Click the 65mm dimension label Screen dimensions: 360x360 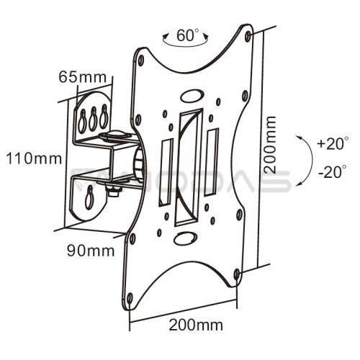point(82,77)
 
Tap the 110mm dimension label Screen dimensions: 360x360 point(34,158)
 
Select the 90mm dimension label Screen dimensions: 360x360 point(91,251)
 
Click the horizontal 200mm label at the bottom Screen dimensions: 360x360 point(196,325)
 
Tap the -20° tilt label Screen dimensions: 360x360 point(333,172)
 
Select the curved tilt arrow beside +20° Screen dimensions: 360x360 point(312,161)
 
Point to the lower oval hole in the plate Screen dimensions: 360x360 point(186,238)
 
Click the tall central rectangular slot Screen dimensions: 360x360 point(189,167)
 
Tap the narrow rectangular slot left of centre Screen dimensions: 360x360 point(166,172)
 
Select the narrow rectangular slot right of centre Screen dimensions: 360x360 point(212,162)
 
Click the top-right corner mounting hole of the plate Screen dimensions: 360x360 point(248,36)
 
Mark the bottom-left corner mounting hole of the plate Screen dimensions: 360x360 point(130,299)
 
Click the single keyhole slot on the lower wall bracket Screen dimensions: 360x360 point(89,197)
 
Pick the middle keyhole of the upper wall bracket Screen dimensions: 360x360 point(93,118)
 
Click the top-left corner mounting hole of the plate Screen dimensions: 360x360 point(141,60)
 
